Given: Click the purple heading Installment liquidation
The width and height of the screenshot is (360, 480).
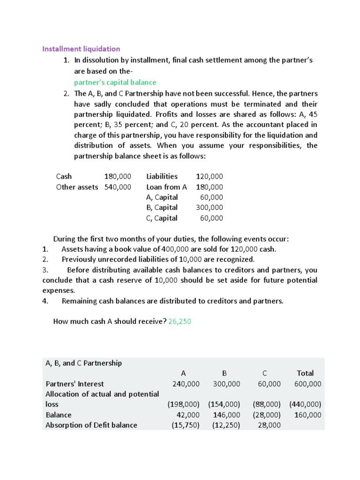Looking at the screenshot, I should tap(81, 49).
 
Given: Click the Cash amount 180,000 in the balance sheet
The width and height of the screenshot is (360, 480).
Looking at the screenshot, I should tap(118, 176).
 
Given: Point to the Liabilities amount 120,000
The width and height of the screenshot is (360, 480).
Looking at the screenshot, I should tap(210, 176).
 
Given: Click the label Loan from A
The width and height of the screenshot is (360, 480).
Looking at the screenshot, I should tap(166, 187).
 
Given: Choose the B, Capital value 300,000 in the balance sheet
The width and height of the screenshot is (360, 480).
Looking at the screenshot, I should tap(210, 207).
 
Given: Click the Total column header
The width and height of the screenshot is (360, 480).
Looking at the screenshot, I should tap(305, 373).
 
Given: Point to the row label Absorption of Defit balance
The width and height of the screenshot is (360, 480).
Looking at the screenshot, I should tap(91, 425).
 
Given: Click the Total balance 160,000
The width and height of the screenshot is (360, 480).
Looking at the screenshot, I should tap(307, 415).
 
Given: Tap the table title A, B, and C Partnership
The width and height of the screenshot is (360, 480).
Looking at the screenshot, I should tap(83, 363).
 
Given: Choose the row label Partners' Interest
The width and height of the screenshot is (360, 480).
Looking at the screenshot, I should tap(75, 384).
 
